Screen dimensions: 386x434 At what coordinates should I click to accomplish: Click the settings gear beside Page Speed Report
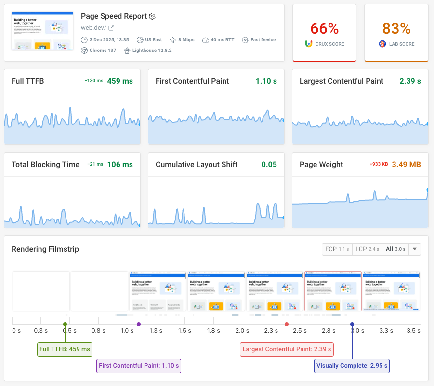[152, 16]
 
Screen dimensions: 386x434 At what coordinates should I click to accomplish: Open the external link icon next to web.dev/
[111, 28]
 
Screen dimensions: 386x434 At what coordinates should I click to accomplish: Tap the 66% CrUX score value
[324, 28]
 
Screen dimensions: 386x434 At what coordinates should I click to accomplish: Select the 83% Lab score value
[396, 28]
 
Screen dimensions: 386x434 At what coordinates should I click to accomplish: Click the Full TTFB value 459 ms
[120, 81]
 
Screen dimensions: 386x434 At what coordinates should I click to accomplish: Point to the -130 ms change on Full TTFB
[93, 81]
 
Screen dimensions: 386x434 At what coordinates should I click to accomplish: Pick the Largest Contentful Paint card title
[342, 81]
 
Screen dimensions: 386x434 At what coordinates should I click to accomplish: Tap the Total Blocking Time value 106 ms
[120, 165]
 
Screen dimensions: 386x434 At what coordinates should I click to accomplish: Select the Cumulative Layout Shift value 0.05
[269, 165]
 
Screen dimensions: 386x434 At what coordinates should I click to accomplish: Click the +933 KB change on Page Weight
[379, 165]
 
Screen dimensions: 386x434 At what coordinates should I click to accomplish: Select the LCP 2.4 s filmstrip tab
[367, 249]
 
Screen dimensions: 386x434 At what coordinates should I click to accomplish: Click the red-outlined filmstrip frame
[333, 292]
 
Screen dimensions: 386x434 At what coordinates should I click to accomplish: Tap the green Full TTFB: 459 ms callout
[65, 349]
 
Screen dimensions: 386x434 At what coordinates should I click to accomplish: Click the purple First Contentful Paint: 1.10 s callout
[139, 366]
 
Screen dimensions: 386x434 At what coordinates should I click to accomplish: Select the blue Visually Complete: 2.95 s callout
[352, 366]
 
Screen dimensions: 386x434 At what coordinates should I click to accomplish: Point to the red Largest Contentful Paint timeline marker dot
[287, 324]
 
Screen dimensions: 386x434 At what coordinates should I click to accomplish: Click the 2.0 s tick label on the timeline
[242, 331]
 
